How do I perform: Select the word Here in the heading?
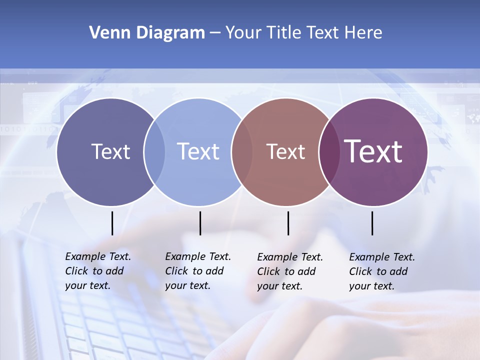[x=364, y=33]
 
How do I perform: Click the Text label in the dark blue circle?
[x=110, y=151]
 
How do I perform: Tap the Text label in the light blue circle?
[x=198, y=151]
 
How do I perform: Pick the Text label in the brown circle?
[x=285, y=151]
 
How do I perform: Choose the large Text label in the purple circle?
[x=373, y=151]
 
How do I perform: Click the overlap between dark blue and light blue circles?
[x=154, y=152]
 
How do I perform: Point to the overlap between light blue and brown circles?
[x=242, y=152]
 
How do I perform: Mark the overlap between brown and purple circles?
[x=328, y=152]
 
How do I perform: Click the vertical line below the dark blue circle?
[x=112, y=223]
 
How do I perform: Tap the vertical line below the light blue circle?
[x=200, y=223]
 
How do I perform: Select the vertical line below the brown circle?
[x=288, y=223]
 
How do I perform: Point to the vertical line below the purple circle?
[x=372, y=223]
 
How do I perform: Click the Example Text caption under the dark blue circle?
[x=97, y=271]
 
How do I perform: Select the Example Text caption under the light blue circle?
[x=197, y=271]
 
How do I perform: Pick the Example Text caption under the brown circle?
[x=289, y=271]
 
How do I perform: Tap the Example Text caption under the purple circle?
[x=381, y=271]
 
